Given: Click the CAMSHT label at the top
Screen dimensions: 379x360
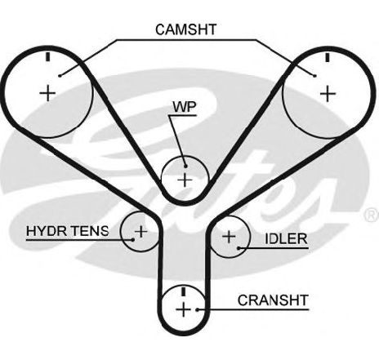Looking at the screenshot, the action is tap(186, 29).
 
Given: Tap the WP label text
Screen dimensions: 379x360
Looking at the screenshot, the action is tap(185, 108).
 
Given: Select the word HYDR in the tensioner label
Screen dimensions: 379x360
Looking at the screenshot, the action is tap(47, 231).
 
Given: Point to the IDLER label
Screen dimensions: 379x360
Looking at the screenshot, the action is tap(286, 239).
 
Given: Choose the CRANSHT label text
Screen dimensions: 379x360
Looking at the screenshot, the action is tap(273, 300).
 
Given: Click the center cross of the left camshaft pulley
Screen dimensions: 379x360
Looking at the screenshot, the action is tap(47, 93).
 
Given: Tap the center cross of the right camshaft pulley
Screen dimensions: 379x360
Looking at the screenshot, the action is tap(328, 94).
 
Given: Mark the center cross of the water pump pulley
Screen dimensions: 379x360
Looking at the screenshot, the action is tap(185, 180).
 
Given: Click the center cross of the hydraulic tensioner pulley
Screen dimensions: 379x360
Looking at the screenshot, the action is tap(141, 232).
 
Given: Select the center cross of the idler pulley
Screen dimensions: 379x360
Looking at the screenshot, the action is tap(229, 237).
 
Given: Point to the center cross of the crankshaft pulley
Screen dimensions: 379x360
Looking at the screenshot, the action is tap(183, 309).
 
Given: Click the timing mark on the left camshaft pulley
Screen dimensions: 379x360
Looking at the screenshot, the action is tap(48, 56).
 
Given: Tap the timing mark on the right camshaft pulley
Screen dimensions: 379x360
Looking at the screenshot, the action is tap(328, 57).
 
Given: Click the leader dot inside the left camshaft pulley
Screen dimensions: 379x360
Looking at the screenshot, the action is tap(60, 76).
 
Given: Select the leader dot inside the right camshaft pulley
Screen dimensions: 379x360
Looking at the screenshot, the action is tap(315, 76).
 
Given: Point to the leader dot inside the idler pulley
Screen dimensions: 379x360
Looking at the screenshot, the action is tap(239, 248).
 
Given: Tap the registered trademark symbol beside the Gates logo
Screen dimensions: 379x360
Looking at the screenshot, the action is tap(372, 215).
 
